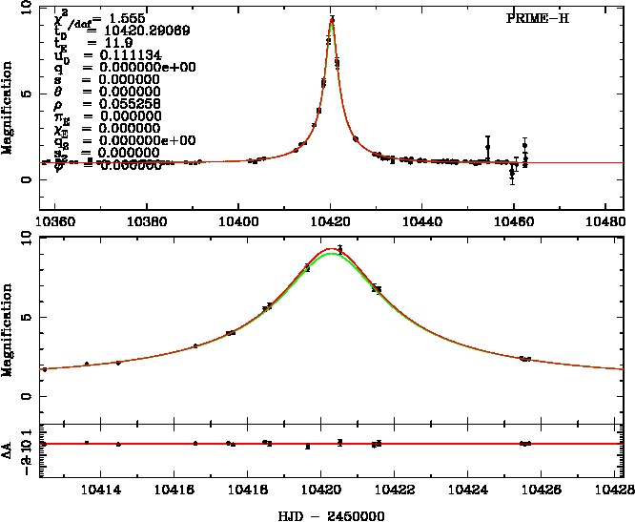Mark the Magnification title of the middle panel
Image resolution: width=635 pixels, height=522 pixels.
9,328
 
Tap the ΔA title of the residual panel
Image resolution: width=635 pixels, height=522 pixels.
9,444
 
